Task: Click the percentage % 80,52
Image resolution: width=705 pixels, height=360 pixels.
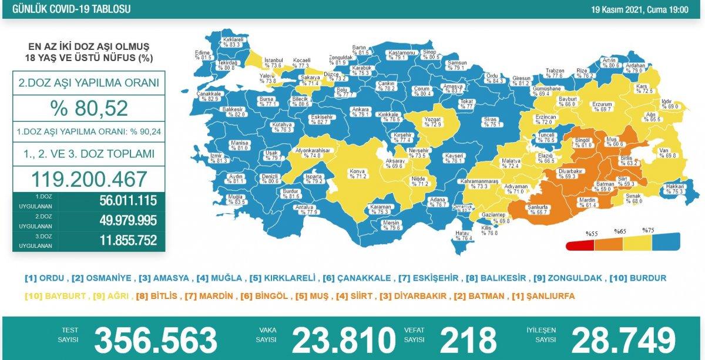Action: click(x=89, y=109)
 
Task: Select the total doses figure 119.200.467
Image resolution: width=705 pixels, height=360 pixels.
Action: click(x=89, y=179)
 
